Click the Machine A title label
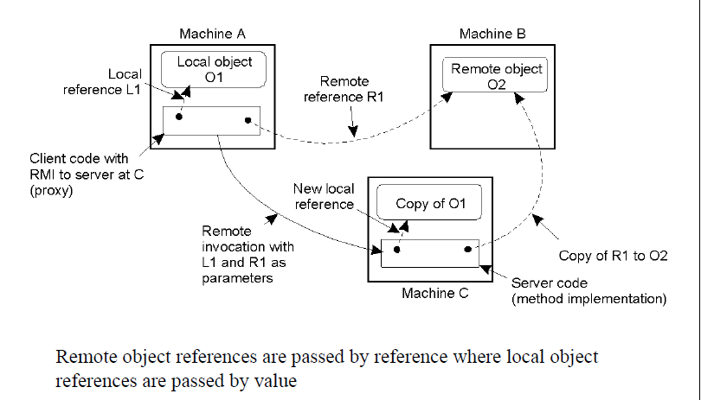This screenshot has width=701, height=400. [212, 34]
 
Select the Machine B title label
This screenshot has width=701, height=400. [492, 34]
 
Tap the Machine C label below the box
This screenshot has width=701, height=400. [434, 294]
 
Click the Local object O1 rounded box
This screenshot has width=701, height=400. [214, 68]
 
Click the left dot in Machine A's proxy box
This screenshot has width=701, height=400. [179, 117]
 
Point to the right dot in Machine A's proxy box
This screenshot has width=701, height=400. [248, 120]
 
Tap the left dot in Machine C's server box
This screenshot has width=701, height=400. [396, 249]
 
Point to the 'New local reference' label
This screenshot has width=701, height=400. [322, 196]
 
